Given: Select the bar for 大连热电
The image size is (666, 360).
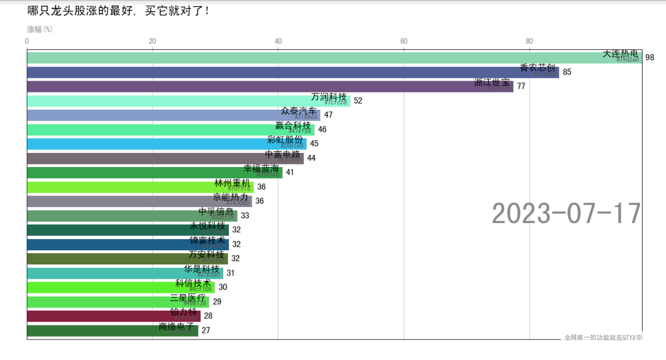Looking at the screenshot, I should [308, 58].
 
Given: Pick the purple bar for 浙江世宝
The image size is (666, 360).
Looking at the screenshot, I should [247, 86].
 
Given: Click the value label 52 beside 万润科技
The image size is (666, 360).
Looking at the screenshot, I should [358, 101].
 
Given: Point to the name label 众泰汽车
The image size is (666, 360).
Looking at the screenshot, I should [298, 112].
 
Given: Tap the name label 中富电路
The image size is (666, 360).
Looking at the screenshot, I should [282, 154].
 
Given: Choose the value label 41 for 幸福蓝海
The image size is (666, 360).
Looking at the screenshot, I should [290, 173].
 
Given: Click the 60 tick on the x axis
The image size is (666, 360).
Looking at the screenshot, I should [404, 41].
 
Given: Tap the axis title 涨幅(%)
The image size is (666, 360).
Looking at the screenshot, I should [39, 29].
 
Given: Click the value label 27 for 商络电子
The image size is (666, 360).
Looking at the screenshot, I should [206, 330].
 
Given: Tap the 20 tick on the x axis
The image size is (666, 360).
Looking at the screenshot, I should [152, 41].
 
